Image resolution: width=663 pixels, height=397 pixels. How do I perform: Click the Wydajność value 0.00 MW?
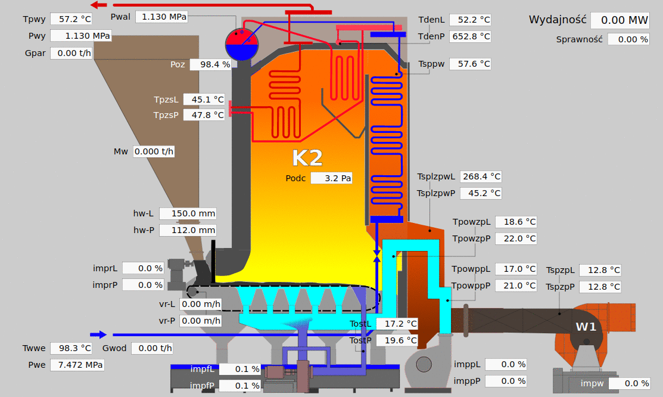620,20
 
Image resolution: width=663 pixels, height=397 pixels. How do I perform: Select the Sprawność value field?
628,39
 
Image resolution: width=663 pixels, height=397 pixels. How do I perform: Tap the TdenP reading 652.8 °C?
470,36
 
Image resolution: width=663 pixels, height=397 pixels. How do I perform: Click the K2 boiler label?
307,159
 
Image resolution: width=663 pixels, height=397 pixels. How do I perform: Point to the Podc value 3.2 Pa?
331,178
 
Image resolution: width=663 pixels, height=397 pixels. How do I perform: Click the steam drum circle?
242,45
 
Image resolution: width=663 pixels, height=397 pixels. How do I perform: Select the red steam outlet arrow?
99,5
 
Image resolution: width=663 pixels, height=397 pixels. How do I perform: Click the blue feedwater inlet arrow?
98,335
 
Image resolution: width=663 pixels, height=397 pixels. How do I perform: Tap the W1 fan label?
586,327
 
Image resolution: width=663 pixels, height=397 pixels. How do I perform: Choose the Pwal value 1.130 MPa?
161,17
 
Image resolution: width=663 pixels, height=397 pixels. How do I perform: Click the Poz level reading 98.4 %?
210,64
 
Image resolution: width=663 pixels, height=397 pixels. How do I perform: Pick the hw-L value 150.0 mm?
188,214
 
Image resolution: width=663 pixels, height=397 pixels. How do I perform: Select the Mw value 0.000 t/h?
154,151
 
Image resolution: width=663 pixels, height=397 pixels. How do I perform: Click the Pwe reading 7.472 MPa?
77,365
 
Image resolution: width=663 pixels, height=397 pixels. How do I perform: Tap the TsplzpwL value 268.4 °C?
481,176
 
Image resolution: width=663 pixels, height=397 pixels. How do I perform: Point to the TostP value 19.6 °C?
397,340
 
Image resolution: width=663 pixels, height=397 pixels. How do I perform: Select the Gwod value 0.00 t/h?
152,348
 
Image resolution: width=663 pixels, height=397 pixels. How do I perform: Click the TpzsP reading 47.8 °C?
204,115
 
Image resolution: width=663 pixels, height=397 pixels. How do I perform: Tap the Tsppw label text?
431,64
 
